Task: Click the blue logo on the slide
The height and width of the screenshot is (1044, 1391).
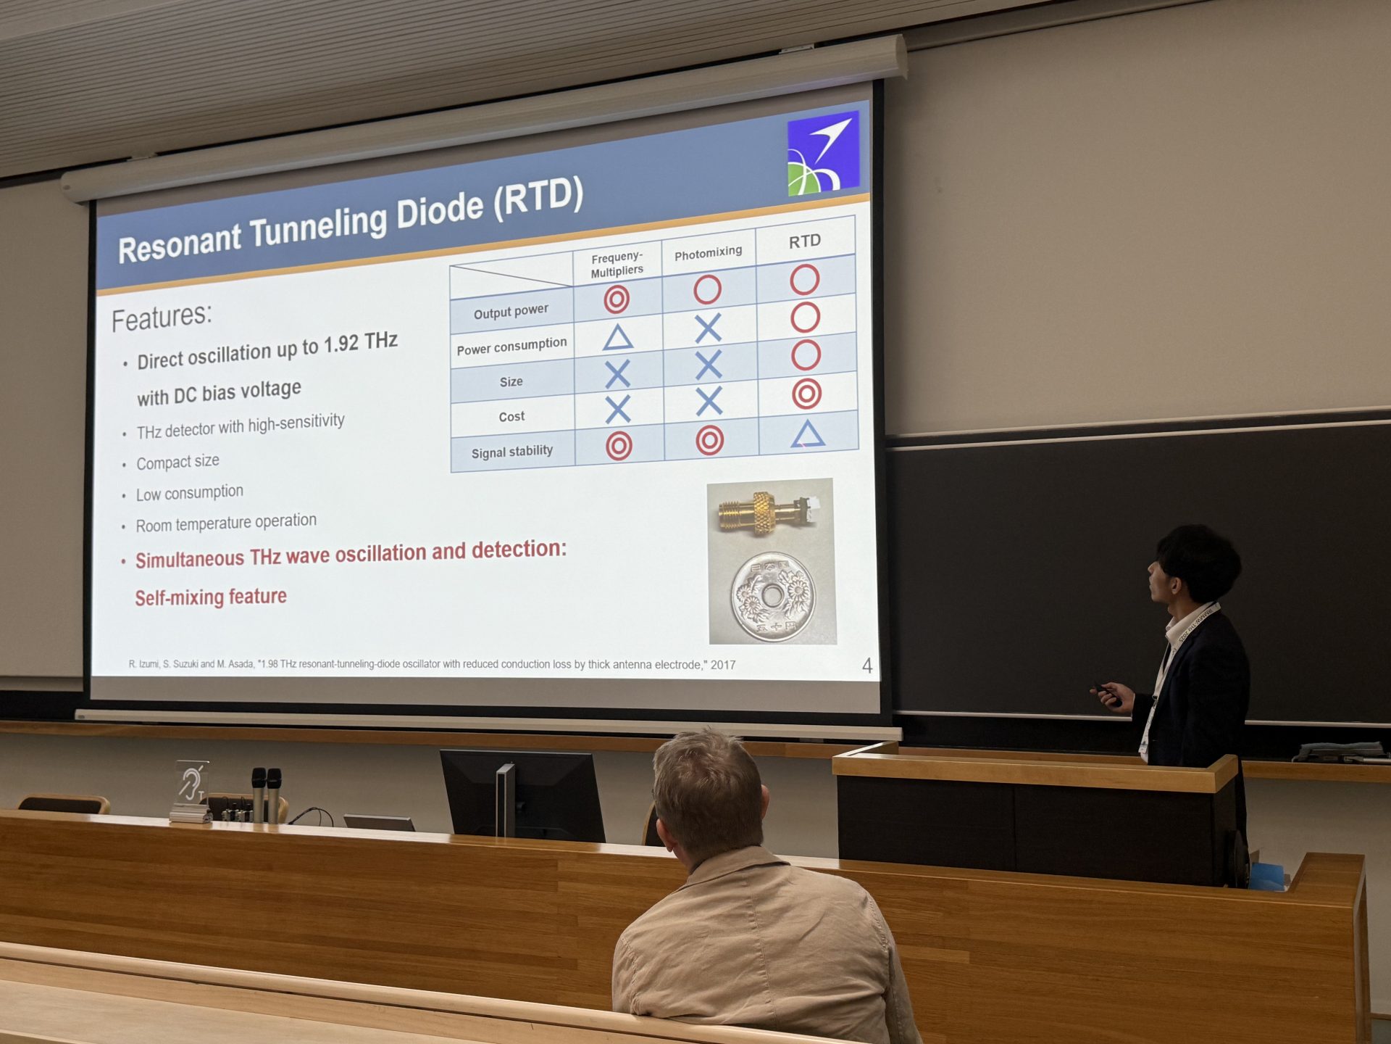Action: click(x=823, y=153)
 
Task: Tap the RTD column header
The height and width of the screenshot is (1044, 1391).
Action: click(x=805, y=241)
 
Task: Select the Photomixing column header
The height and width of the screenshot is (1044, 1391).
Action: click(x=708, y=252)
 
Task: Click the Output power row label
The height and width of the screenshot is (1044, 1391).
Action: click(x=511, y=312)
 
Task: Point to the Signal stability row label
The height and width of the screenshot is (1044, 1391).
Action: click(x=512, y=452)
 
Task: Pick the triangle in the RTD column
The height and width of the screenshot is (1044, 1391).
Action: click(x=808, y=434)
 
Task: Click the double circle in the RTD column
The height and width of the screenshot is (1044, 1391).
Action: click(x=806, y=394)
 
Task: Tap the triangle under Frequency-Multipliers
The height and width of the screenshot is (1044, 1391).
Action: click(x=618, y=336)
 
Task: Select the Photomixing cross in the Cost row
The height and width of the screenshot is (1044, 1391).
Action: click(x=709, y=401)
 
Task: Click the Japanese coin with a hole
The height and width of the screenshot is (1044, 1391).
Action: click(x=772, y=597)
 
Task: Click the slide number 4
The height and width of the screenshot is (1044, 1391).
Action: click(x=867, y=666)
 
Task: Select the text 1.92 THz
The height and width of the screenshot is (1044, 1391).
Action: click(x=360, y=342)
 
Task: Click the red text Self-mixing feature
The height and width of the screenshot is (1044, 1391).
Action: click(x=211, y=597)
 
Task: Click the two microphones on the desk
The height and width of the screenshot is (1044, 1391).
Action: click(x=266, y=795)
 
